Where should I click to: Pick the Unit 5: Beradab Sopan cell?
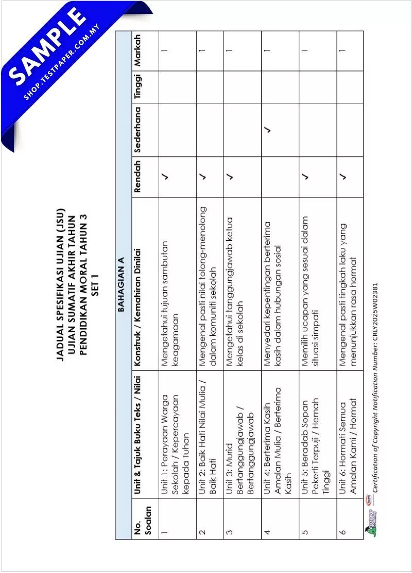tap(315, 442)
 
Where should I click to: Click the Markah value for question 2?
tap(202, 50)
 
